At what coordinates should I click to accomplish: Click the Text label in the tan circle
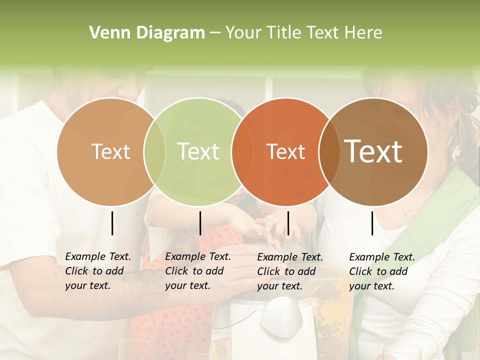point(110,151)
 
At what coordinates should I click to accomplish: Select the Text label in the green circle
point(198,151)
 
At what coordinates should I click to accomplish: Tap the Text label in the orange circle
point(285,151)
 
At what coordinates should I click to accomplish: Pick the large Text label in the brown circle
point(373,151)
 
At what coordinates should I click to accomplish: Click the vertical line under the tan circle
point(112,223)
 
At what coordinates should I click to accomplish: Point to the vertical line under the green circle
point(200,223)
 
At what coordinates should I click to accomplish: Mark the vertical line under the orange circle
point(288,223)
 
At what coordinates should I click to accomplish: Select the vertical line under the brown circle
point(372,223)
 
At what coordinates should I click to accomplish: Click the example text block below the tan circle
point(98,271)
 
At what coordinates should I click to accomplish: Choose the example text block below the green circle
point(198,271)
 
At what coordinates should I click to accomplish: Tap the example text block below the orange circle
point(290,271)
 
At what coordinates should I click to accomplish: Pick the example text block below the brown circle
point(382,271)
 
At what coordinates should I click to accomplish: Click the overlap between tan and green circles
point(154,151)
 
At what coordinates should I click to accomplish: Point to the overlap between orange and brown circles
point(329,151)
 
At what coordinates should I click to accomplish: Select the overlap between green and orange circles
point(241,151)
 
